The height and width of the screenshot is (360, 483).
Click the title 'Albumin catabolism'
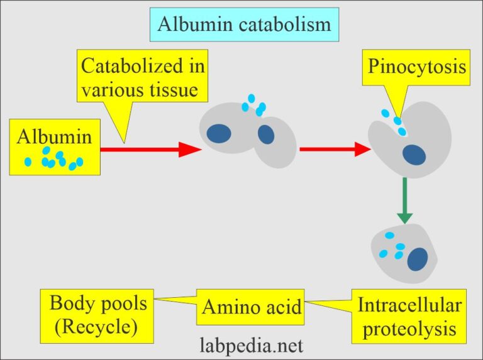(244, 25)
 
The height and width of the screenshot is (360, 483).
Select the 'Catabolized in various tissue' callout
(143, 78)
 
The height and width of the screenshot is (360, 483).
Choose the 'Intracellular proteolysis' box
(409, 315)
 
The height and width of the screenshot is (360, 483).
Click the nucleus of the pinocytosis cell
(414, 155)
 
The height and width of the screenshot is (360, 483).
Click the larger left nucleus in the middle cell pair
(219, 133)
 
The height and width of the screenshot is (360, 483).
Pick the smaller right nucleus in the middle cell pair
(265, 134)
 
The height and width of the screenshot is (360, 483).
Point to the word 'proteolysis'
(409, 327)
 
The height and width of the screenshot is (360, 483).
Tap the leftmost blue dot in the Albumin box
(28, 161)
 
